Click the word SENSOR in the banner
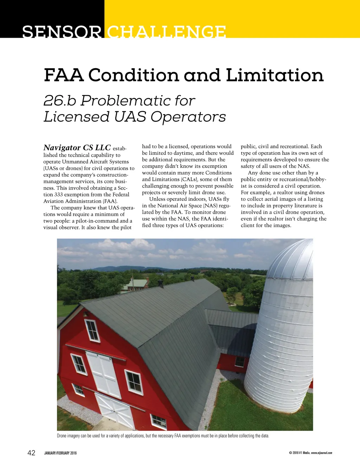pos(62,32)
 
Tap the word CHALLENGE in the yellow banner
pos(166,32)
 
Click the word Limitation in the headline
pos(275,75)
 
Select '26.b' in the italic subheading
pos(60,101)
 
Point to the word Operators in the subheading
pos(188,117)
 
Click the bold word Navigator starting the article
pos(62,147)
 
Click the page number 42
pos(31,453)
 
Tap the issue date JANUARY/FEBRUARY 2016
pos(60,453)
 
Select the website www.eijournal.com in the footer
pos(321,453)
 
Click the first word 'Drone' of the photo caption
pos(62,436)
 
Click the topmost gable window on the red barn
pos(92,330)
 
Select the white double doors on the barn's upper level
pos(104,374)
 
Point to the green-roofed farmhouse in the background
pos(135,285)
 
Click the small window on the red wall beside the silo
pos(240,361)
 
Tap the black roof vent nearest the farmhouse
pos(161,283)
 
